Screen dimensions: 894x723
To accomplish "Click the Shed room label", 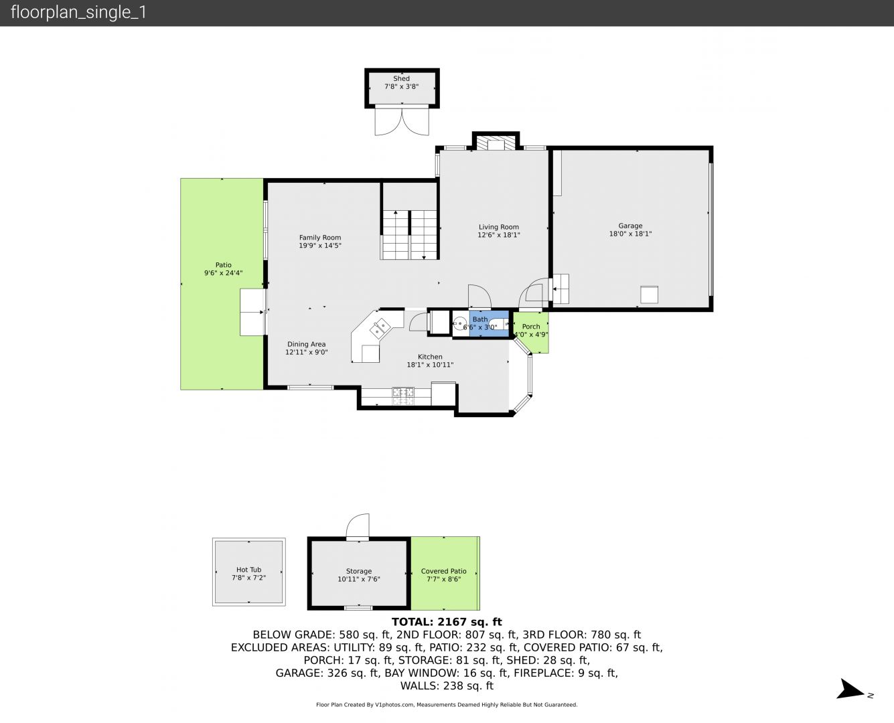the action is (401, 78).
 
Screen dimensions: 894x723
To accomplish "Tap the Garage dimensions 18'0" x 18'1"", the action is (630, 234).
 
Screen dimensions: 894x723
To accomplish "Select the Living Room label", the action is (499, 227).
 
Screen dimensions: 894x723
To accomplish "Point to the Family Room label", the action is (320, 238).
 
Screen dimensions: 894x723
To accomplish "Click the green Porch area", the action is (531, 332).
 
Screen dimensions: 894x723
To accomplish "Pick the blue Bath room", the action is (489, 323).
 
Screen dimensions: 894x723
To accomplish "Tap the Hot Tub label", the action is (248, 570).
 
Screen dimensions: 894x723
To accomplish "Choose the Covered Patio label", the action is (443, 571).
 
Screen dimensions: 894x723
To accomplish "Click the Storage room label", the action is (359, 571).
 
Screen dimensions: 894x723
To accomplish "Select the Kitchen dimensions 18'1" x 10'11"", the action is (430, 365).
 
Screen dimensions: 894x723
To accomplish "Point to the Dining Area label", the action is (307, 344).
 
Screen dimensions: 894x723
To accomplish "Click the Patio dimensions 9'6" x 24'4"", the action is (223, 272).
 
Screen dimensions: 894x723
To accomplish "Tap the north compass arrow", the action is (850, 690).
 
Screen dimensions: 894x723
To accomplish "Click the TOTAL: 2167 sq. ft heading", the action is (447, 622).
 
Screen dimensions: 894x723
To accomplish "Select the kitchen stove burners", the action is (403, 396).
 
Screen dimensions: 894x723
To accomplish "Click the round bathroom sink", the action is (460, 324).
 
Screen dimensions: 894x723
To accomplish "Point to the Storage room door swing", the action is (358, 525).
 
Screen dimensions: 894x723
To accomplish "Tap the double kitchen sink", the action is (380, 328).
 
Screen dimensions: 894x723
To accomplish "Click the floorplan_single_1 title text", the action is (78, 13).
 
